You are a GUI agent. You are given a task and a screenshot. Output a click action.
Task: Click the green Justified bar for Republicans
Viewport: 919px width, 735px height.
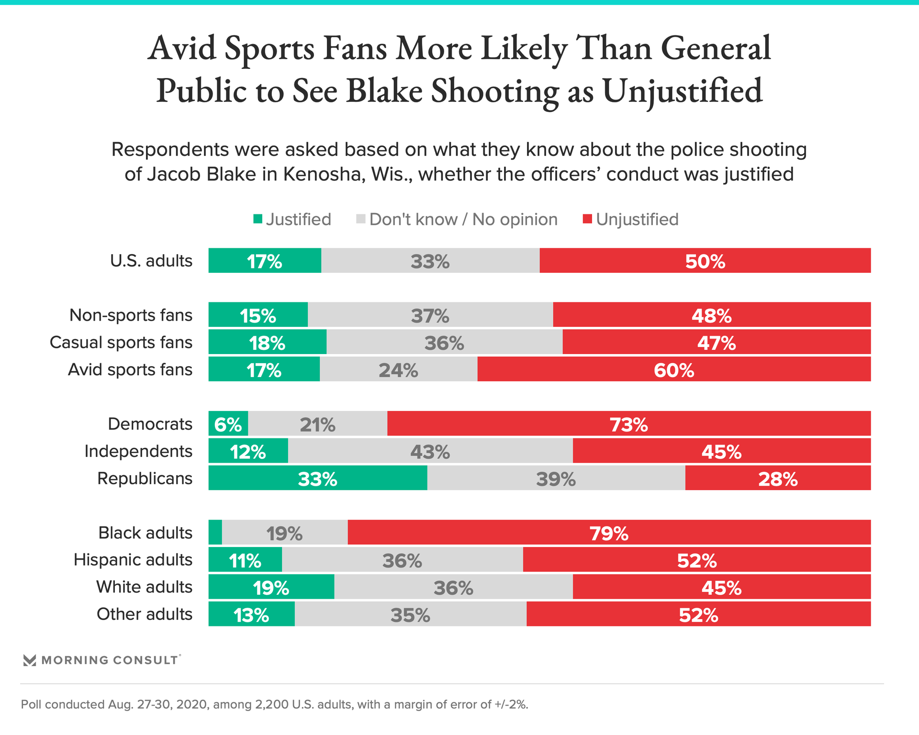[x=318, y=478]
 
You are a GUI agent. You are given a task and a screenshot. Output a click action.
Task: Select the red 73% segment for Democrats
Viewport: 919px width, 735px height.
[x=628, y=424]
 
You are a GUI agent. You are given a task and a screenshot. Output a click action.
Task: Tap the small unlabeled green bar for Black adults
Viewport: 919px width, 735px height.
[x=215, y=532]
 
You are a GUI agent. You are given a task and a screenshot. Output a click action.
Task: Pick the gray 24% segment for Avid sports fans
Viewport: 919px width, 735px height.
[x=398, y=369]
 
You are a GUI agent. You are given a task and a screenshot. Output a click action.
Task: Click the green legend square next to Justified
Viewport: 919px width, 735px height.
[x=258, y=219]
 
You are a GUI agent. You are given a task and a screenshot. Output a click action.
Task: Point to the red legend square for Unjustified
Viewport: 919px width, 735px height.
[x=588, y=219]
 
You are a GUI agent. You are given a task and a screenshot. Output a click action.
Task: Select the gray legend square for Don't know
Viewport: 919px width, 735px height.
[x=361, y=219]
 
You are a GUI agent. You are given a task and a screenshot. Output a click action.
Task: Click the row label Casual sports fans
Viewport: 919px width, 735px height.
[x=121, y=343]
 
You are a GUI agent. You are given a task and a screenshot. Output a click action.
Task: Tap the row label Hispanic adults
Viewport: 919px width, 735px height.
[x=133, y=560]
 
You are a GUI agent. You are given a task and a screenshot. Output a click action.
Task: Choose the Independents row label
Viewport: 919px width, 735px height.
[x=138, y=451]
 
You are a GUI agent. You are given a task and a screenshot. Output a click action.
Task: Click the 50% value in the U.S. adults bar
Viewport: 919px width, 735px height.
[x=705, y=261]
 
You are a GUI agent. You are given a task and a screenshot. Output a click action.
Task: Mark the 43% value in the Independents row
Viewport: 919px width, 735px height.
[x=430, y=452]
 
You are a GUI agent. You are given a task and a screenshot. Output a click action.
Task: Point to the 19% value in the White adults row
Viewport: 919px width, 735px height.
[x=271, y=588]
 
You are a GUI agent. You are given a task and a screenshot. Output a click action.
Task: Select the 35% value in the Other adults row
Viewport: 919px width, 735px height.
[x=410, y=615]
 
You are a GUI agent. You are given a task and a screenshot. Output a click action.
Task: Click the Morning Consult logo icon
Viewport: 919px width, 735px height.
[x=30, y=660]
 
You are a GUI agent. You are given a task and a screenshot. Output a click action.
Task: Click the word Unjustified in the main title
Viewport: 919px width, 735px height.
[x=682, y=91]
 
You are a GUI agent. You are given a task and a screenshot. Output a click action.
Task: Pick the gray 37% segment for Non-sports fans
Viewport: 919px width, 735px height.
[x=430, y=315]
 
